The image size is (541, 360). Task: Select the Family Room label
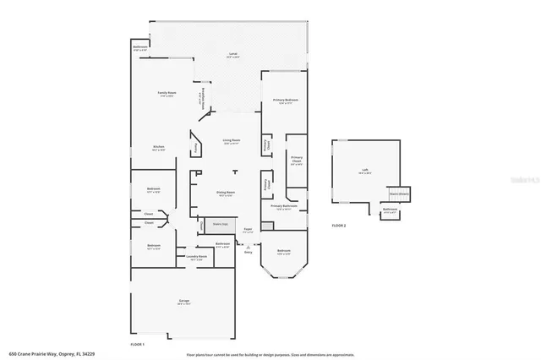[166, 92]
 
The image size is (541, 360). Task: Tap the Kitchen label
[158, 146]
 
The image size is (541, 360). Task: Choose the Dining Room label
[224, 192]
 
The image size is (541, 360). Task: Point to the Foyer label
[249, 229]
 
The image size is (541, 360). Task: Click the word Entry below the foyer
[249, 252]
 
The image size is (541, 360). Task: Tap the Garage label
[183, 300]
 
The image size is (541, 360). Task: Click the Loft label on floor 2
[365, 170]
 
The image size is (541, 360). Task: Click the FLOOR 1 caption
[138, 345]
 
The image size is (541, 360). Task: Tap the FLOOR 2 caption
[339, 226]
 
